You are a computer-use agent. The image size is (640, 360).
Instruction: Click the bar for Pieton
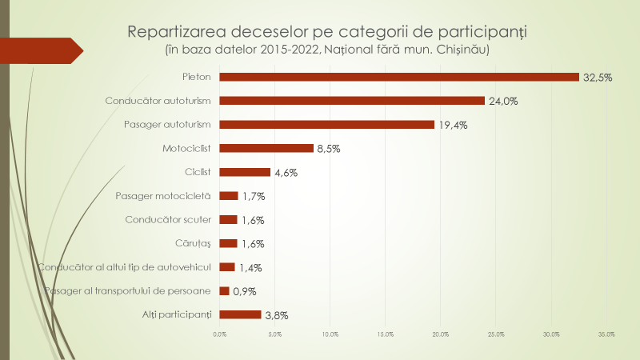tap(398, 77)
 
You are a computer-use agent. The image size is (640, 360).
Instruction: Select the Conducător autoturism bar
tap(352, 101)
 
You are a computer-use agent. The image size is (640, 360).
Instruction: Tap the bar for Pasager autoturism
tap(326, 125)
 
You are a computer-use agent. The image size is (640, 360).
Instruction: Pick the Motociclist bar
tap(266, 148)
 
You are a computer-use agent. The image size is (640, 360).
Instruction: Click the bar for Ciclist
tap(245, 172)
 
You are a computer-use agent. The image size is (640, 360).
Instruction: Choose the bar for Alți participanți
tap(240, 314)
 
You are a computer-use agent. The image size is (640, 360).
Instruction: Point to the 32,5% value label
tap(598, 78)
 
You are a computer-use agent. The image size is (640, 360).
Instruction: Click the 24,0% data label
tap(503, 102)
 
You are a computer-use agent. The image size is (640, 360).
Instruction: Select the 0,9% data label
tap(244, 291)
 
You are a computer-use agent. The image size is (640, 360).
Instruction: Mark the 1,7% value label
tap(253, 196)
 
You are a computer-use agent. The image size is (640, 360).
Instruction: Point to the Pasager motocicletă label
tap(162, 196)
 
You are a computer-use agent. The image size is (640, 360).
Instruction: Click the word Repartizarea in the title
tap(177, 33)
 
